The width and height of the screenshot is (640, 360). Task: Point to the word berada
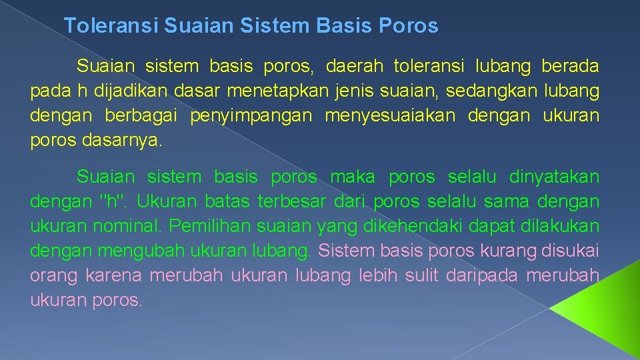(570, 67)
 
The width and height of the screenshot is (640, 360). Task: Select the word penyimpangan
(251, 115)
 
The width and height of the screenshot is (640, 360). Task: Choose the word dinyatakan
(554, 177)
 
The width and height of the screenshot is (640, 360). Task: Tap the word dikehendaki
(400, 226)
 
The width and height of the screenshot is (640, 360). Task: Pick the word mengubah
(137, 251)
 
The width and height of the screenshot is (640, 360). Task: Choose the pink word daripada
(485, 275)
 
